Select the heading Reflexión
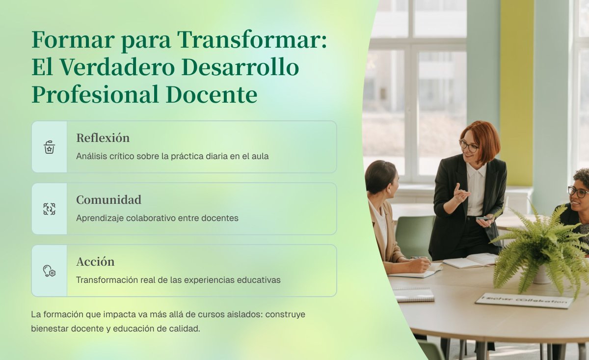pos(103,138)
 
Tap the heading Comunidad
pos(108,200)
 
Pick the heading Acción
pos(95,262)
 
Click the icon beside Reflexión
pos(49,147)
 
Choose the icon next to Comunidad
pos(49,209)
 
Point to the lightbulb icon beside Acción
pos(49,271)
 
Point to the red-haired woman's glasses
pos(469,146)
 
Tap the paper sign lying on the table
pos(524,301)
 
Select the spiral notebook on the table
pos(414,295)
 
